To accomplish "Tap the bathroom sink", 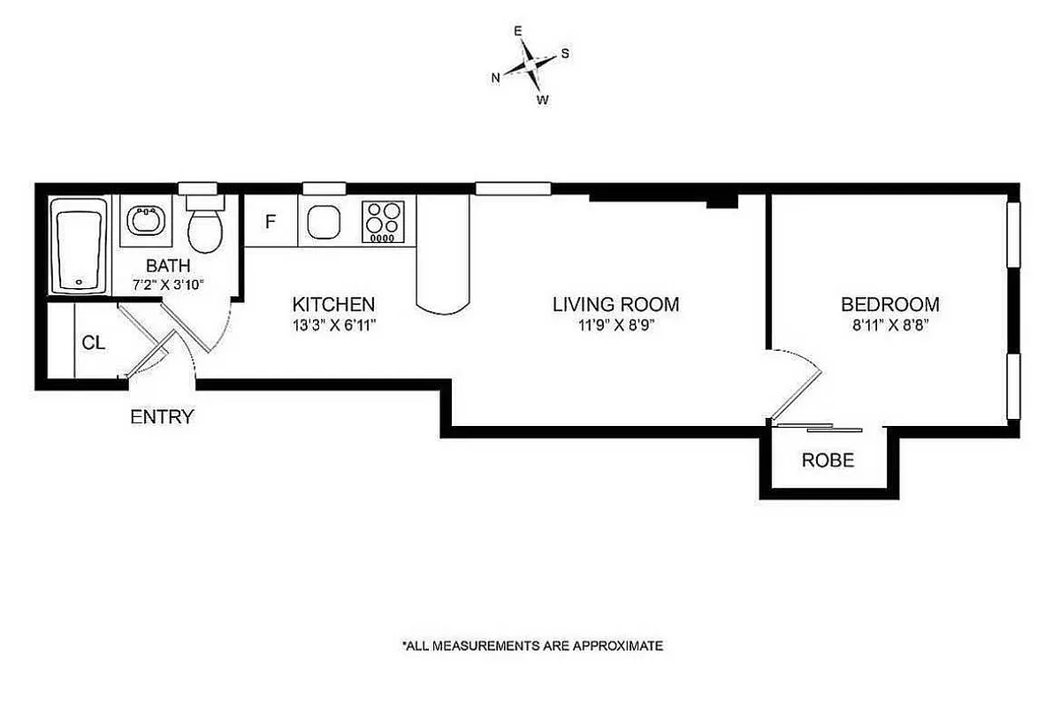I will pyautogui.click(x=143, y=220).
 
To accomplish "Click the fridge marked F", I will pyautogui.click(x=271, y=221).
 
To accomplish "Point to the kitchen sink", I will pyautogui.click(x=324, y=222).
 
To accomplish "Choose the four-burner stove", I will pyautogui.click(x=383, y=223).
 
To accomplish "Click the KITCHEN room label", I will pyautogui.click(x=334, y=305).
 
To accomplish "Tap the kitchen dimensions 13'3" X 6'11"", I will pyautogui.click(x=334, y=324).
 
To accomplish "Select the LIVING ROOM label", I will pyautogui.click(x=615, y=305).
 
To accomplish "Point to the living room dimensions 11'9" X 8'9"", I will pyautogui.click(x=615, y=324).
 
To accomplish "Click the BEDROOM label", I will pyautogui.click(x=889, y=305).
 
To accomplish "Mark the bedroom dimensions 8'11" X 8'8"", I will pyautogui.click(x=889, y=324).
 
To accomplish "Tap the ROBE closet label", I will pyautogui.click(x=828, y=460).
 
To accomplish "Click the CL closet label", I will pyautogui.click(x=94, y=343).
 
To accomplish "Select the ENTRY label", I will pyautogui.click(x=162, y=417).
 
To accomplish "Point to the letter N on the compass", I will pyautogui.click(x=497, y=78).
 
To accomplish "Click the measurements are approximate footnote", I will pyautogui.click(x=532, y=646).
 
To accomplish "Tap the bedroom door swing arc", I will pyautogui.click(x=809, y=371).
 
